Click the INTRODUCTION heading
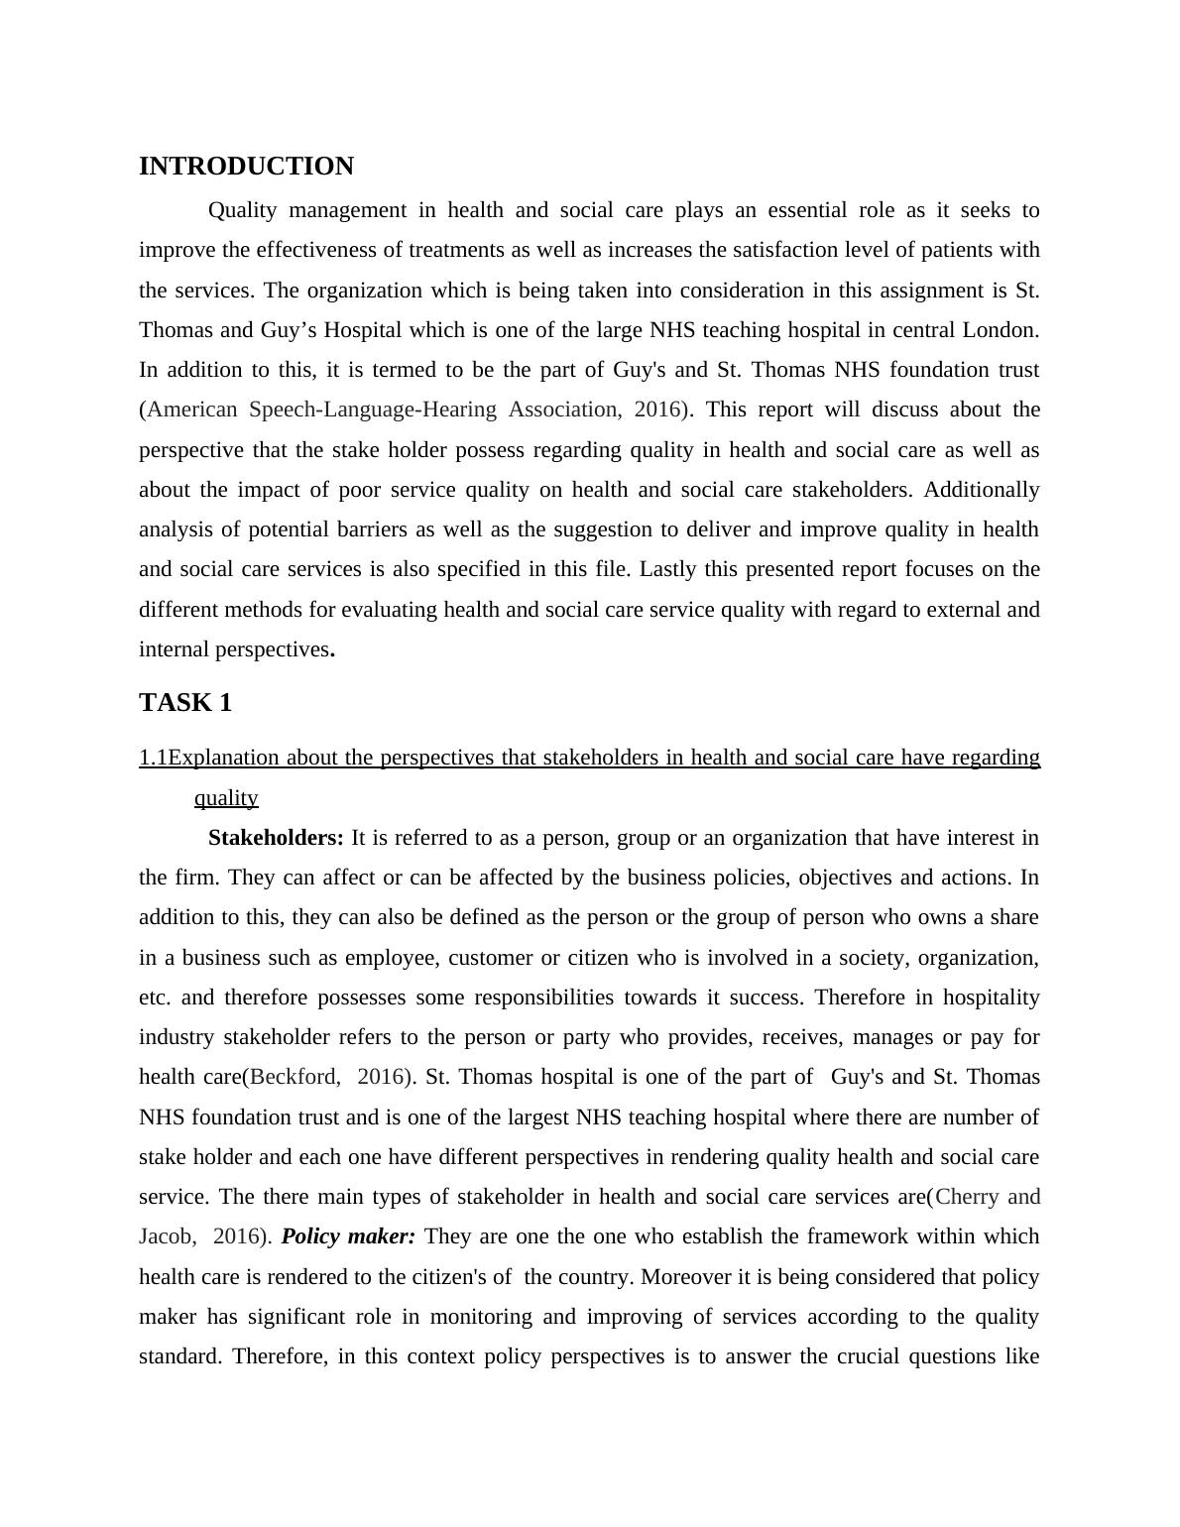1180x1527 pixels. click(246, 167)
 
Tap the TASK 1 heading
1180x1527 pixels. click(185, 703)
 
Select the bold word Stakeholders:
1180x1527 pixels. click(276, 838)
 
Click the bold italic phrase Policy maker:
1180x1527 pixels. click(348, 1236)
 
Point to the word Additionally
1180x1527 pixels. click(982, 490)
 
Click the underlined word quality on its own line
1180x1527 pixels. click(226, 798)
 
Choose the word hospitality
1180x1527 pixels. click(991, 998)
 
